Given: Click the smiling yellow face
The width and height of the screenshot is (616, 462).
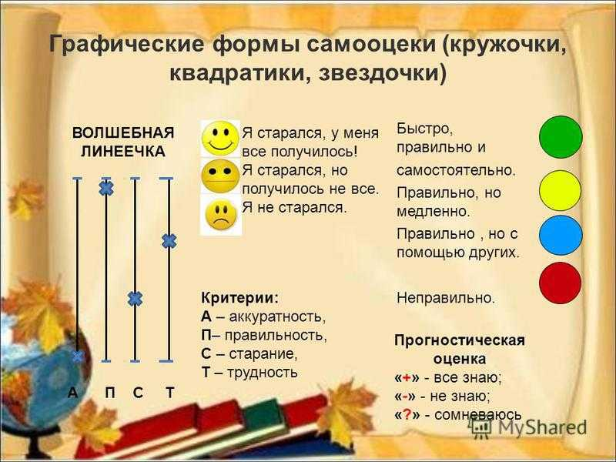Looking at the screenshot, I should click(x=220, y=139).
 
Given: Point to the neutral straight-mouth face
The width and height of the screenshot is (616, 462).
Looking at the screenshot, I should click(x=220, y=176).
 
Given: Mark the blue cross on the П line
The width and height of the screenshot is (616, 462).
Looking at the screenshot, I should click(x=106, y=187).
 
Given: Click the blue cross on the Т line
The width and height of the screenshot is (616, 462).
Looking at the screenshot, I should click(x=169, y=241).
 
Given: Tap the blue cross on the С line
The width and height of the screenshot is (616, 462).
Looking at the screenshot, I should click(x=135, y=299).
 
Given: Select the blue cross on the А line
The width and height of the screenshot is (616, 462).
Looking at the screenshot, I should click(x=78, y=356).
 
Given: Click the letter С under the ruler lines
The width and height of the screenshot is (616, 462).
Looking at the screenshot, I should click(x=137, y=393).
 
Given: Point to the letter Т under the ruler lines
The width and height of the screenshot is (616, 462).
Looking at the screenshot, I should click(x=169, y=393).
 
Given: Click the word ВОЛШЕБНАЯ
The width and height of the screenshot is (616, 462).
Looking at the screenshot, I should click(x=123, y=132).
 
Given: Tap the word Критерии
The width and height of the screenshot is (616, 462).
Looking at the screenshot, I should click(x=239, y=298).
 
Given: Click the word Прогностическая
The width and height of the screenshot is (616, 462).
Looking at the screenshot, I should click(x=459, y=341).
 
